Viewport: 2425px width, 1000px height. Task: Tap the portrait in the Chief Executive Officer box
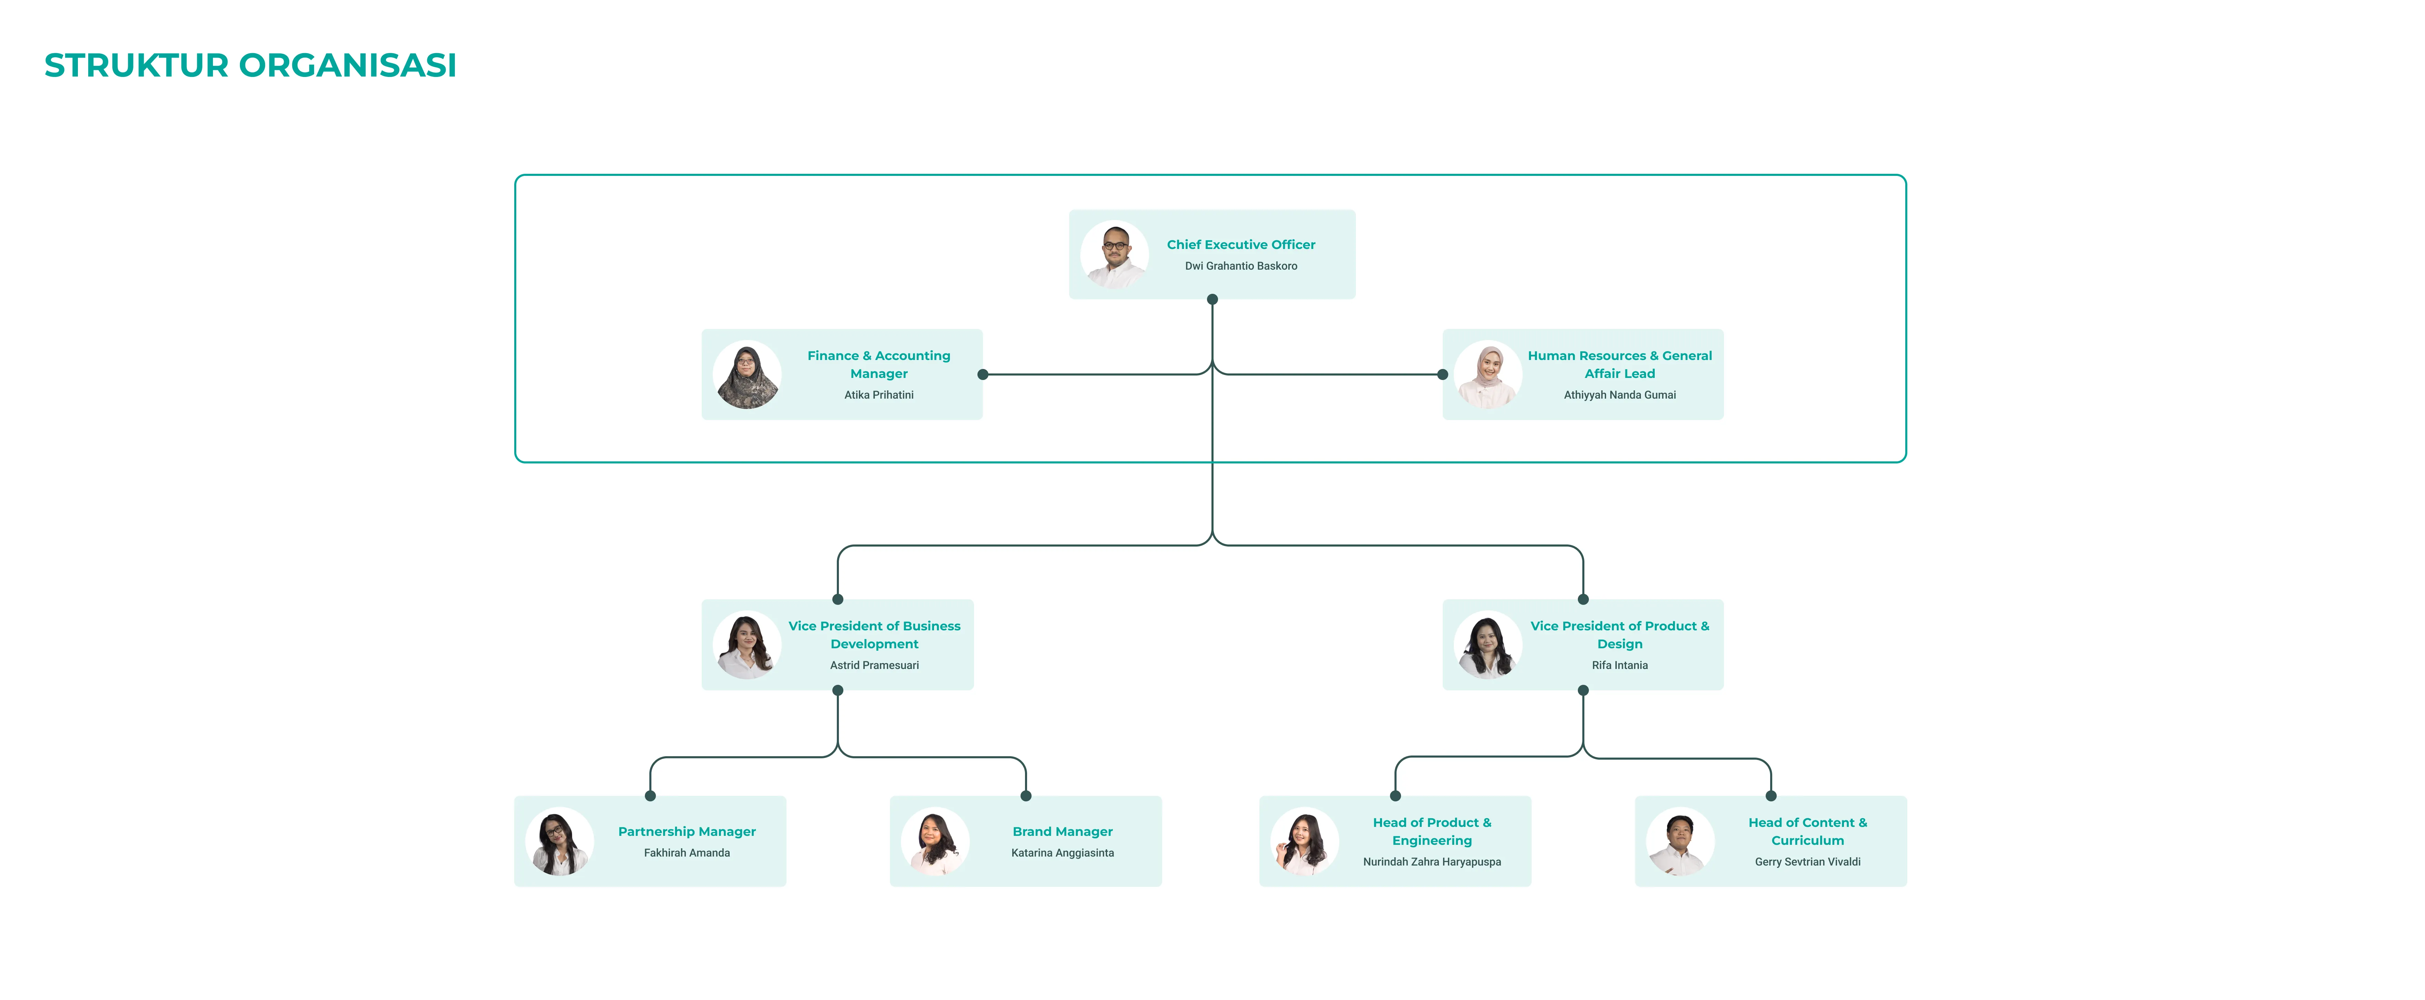[1115, 254]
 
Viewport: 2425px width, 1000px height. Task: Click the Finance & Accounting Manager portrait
[748, 375]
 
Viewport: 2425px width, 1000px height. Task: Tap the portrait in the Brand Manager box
[935, 842]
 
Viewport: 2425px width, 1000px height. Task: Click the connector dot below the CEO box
[1212, 299]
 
